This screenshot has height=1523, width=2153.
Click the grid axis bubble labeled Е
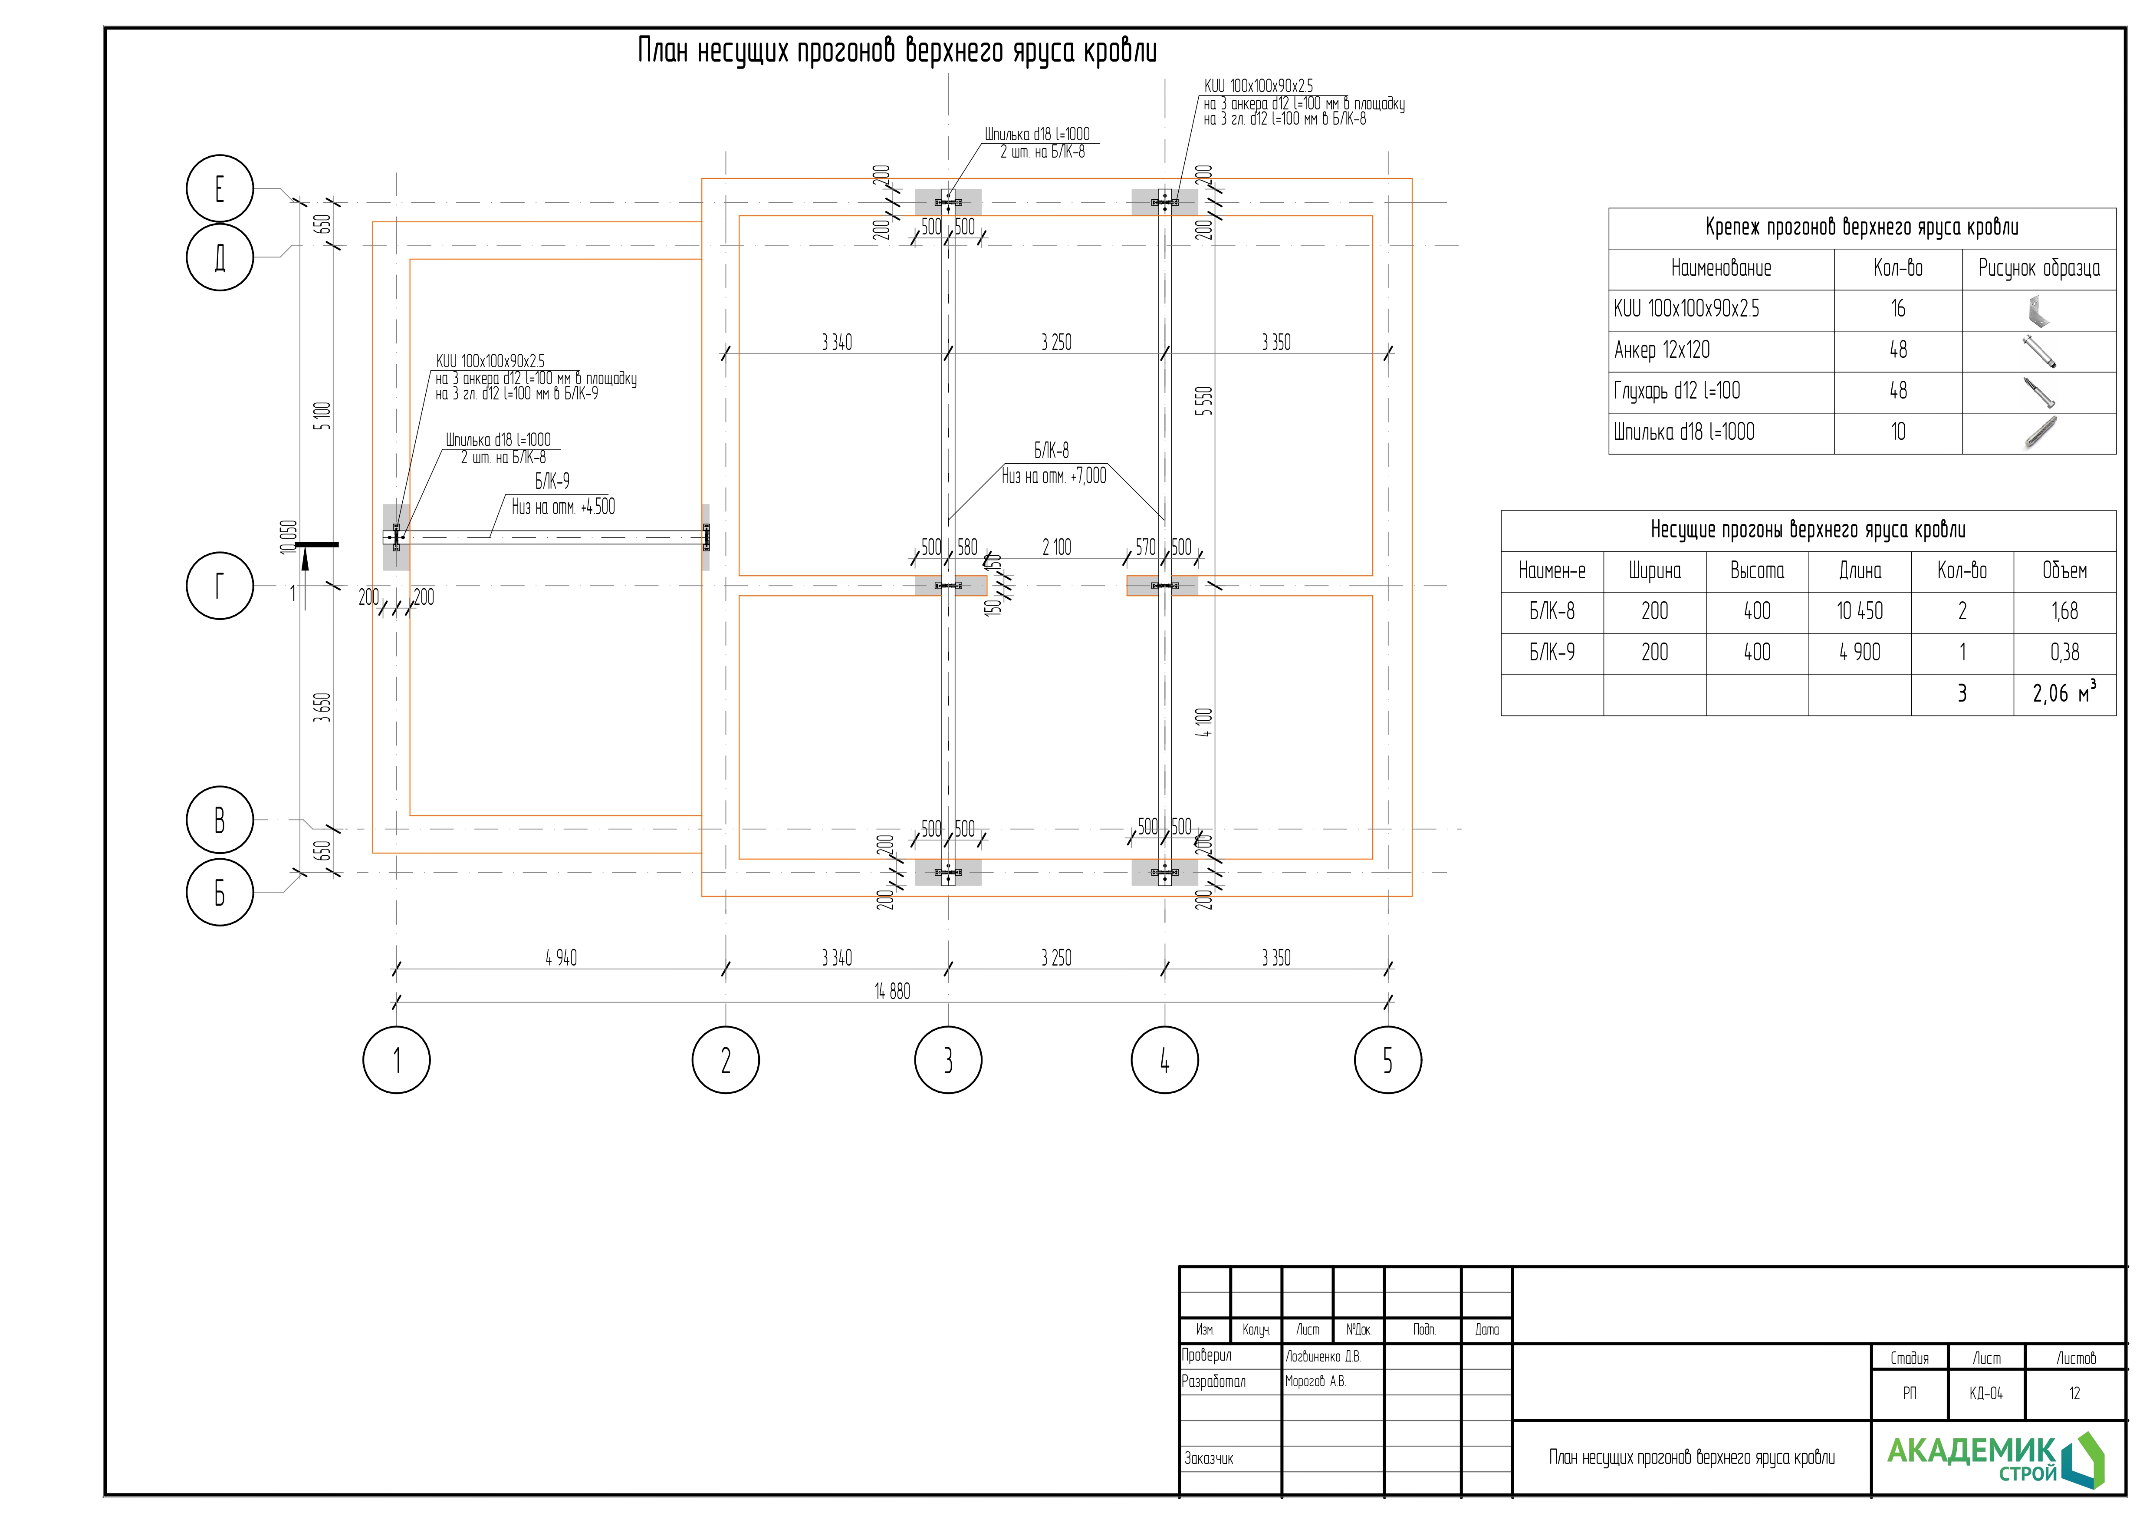220,188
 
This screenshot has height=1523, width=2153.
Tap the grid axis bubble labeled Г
220,586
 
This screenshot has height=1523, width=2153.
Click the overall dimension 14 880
892,991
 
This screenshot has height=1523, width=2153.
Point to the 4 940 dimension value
561,957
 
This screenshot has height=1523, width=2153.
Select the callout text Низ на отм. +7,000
1054,476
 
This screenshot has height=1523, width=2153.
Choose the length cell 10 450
1860,611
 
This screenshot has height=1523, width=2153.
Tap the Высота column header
1756,571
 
